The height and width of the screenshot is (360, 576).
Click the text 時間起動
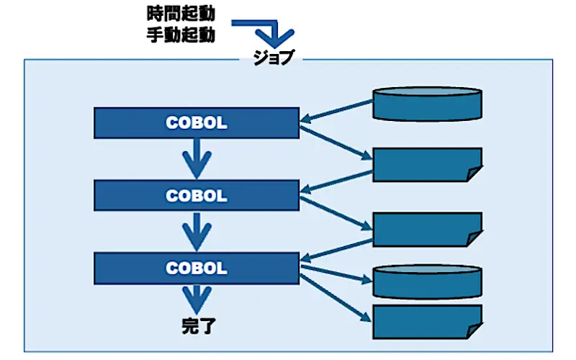pos(181,14)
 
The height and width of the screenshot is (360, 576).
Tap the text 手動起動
pos(181,35)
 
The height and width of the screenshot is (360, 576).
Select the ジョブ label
pos(274,58)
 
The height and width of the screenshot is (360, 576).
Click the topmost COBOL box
pos(197,122)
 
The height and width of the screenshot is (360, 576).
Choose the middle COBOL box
pos(197,195)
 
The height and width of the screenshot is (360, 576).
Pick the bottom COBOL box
pos(197,268)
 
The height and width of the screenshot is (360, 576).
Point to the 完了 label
pos(199,326)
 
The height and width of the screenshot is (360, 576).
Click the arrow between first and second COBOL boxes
pos(197,158)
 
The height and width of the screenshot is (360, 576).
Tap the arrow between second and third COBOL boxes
pos(197,231)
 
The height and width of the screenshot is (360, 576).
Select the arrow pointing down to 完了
pos(197,300)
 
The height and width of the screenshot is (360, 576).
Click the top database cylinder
pos(427,104)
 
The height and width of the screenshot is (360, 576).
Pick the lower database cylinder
pos(427,282)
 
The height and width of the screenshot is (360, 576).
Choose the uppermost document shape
pos(427,165)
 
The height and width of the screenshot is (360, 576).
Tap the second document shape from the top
pos(427,229)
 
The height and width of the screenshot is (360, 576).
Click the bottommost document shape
pos(427,321)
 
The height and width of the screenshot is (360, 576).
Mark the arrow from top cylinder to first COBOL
pos(337,110)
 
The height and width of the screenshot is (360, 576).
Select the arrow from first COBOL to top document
pos(336,143)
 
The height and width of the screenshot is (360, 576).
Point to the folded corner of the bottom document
pos(474,330)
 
